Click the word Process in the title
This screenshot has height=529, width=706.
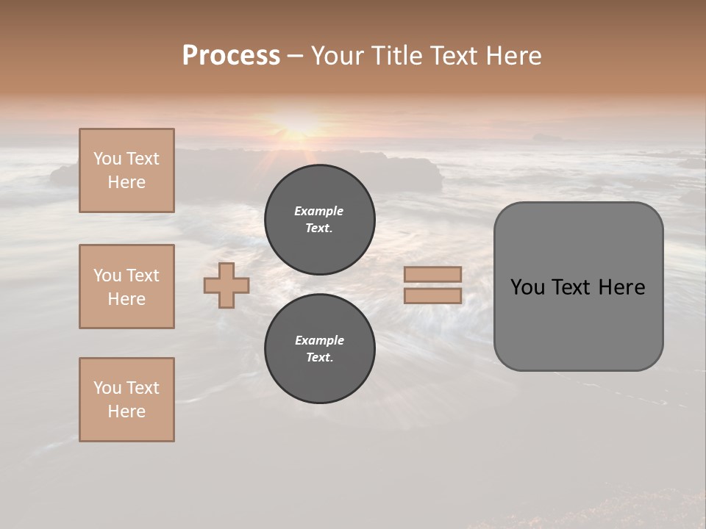[x=231, y=56]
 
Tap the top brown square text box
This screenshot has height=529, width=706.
[x=126, y=170]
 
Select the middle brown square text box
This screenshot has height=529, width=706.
[x=126, y=287]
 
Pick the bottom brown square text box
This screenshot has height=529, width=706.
[x=126, y=400]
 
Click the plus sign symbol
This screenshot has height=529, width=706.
[x=227, y=285]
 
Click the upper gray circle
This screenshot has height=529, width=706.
[x=320, y=220]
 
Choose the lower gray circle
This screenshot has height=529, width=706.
[x=320, y=349]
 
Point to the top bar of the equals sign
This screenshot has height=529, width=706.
[x=432, y=274]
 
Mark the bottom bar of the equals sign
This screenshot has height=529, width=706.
[x=432, y=296]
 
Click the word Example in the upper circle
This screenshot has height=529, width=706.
[x=319, y=211]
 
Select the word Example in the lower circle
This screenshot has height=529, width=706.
[x=319, y=340]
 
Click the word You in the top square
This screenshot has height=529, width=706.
[x=107, y=159]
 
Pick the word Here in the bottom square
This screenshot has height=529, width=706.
[x=126, y=411]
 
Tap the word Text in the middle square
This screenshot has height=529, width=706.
[x=142, y=276]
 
